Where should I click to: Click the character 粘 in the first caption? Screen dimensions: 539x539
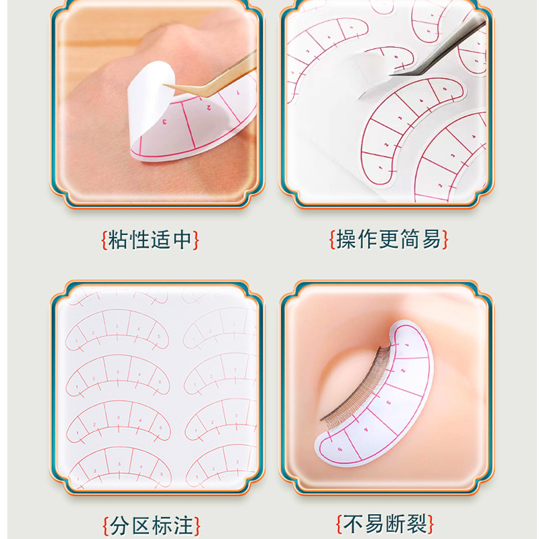(119, 240)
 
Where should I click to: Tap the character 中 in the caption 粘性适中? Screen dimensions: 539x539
(183, 240)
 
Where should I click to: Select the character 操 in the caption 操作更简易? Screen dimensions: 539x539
(346, 239)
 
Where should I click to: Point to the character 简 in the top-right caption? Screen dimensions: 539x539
(410, 239)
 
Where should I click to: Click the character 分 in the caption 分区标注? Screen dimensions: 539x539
(121, 526)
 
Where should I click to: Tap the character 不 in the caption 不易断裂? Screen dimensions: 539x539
(353, 524)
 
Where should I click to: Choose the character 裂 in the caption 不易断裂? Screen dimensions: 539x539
(417, 524)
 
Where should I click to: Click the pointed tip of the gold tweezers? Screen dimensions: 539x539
(164, 85)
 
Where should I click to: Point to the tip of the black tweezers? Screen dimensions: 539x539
(391, 74)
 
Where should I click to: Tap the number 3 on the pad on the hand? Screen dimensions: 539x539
(164, 121)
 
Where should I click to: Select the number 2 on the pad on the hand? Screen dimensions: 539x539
(209, 108)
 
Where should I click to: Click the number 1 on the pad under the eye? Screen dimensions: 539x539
(408, 344)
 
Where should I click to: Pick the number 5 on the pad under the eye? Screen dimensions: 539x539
(340, 449)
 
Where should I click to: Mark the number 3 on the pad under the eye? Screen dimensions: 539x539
(389, 402)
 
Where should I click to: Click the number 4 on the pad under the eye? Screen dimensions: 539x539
(366, 429)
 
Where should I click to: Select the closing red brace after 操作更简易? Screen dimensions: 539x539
(445, 239)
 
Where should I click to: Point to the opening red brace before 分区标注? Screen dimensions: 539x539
(106, 526)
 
